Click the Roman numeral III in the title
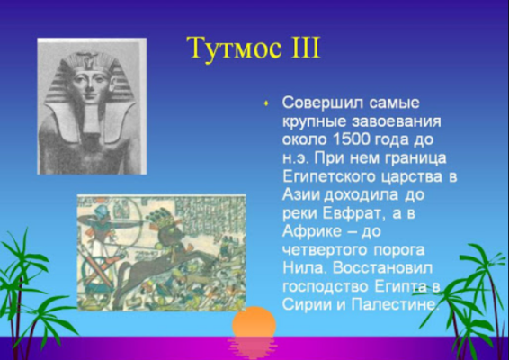(x=300, y=48)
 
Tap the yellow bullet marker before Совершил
(x=265, y=103)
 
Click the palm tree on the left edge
(x=22, y=279)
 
